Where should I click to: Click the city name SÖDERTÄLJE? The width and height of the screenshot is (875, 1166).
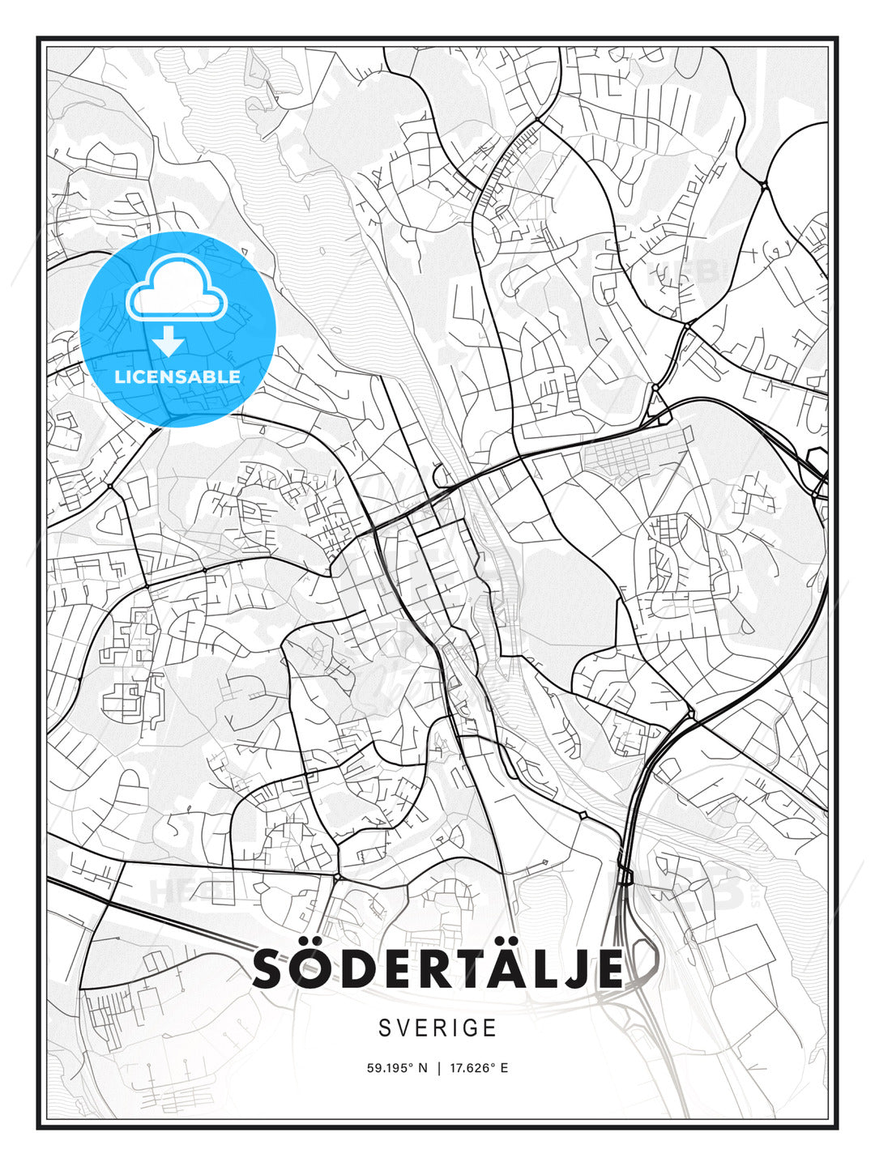point(437,969)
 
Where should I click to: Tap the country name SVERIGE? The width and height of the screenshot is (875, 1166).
point(437,1028)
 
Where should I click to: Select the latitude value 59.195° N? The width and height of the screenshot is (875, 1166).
point(396,1068)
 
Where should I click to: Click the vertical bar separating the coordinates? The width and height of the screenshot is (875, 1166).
point(437,1068)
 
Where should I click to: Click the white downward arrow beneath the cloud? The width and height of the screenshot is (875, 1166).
point(169,341)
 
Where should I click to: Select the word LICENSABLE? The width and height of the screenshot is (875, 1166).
point(177,377)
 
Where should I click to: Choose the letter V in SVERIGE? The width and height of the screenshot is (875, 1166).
point(405,1028)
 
